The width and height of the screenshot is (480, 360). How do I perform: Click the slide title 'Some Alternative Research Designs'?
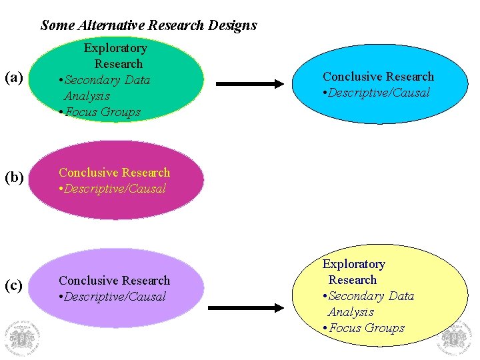[x=148, y=25]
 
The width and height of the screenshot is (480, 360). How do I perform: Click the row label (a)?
[x=13, y=78]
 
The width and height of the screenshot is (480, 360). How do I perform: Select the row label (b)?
[x=13, y=178]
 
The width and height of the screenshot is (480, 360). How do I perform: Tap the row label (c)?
[x=13, y=285]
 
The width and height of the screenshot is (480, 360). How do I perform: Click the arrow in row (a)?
[x=249, y=84]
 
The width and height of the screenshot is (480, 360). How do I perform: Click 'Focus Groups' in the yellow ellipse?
[x=366, y=328]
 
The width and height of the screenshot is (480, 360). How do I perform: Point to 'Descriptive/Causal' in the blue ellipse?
[x=380, y=93]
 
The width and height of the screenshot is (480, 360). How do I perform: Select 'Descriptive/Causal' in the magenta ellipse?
[x=115, y=189]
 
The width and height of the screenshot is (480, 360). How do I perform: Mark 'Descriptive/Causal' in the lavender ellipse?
[x=115, y=297]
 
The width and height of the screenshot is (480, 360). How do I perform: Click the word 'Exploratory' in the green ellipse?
[x=115, y=48]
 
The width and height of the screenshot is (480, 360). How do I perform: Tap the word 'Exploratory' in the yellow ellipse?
[x=354, y=264]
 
